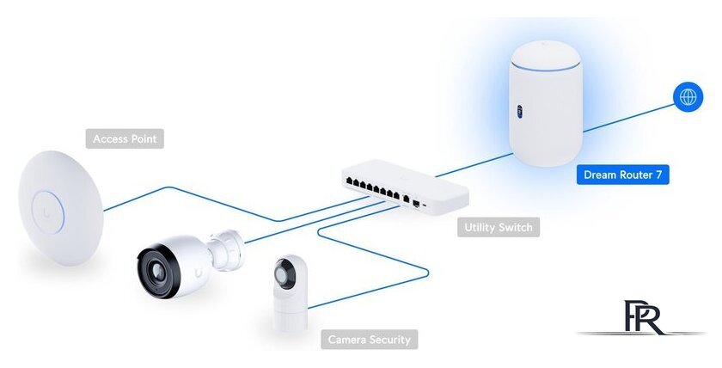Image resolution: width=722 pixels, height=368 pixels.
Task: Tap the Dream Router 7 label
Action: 622,175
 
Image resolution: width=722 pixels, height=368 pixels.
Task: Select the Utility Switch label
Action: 499,228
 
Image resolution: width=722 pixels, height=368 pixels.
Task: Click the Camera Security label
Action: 370,340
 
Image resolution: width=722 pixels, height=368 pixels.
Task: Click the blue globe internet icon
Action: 688,97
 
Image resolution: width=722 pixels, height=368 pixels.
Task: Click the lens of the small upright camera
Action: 285,274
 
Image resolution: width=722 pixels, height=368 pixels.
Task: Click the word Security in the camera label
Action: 389,340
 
